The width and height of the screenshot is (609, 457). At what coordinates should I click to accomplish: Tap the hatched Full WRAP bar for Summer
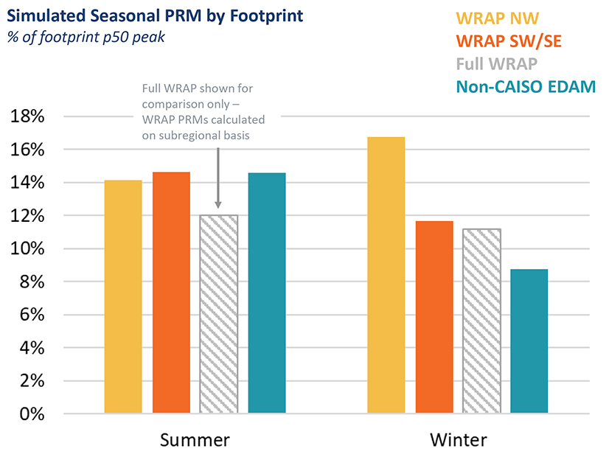coord(219,314)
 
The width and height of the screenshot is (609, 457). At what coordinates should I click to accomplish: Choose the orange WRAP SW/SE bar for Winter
coord(434,317)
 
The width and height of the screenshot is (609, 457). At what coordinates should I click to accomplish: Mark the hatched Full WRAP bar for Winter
coord(481,321)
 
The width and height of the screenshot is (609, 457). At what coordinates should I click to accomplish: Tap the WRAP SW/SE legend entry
coord(509,41)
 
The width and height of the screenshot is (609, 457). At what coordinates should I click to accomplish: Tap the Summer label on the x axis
coord(195,440)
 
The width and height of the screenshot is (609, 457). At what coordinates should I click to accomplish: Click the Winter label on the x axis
coord(458,440)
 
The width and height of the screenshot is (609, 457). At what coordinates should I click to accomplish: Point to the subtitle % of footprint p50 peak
coord(86,37)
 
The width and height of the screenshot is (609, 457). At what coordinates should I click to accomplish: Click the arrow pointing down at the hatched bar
coord(218,177)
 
